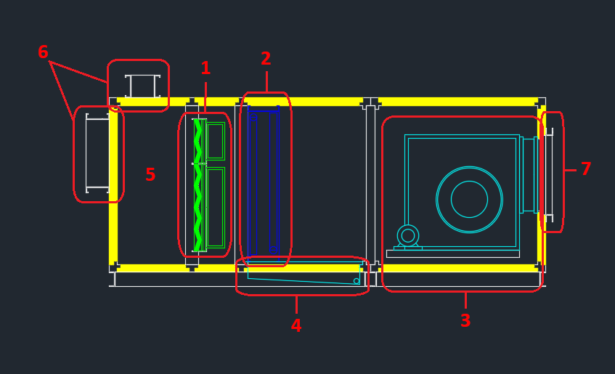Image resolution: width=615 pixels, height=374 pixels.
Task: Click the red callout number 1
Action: click(205, 68)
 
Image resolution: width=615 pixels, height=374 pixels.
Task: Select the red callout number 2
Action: click(266, 58)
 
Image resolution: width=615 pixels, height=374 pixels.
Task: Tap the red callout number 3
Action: click(465, 320)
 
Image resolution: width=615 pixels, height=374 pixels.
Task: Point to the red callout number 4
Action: click(296, 326)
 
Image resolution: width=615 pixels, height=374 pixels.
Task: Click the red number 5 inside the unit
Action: click(150, 175)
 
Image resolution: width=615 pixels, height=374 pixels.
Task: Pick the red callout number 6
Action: click(43, 52)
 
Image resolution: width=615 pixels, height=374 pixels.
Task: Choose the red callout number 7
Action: click(585, 169)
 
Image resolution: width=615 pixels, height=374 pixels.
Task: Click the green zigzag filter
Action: click(197, 185)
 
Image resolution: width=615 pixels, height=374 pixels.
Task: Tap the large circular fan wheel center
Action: click(469, 199)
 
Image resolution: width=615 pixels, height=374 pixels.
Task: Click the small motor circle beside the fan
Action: click(408, 235)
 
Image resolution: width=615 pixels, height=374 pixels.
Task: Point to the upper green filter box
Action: click(215, 141)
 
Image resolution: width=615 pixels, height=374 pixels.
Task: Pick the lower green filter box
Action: click(215, 207)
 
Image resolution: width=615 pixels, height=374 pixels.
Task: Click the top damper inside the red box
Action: click(142, 86)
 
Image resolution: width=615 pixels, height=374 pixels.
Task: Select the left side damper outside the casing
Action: click(97, 153)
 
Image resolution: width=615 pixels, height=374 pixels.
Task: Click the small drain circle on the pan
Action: click(357, 281)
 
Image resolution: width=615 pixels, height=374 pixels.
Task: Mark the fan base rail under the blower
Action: click(452, 253)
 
